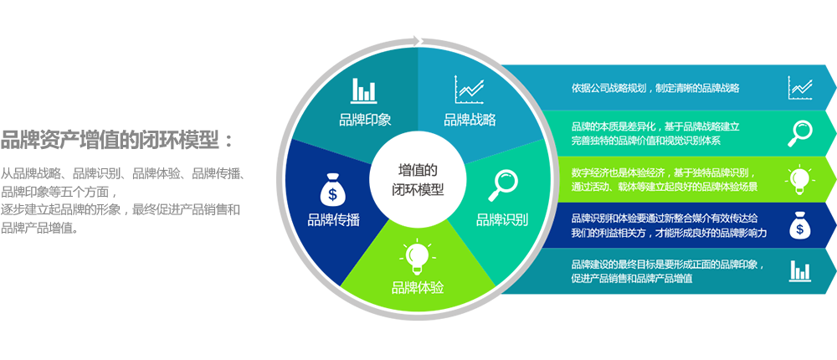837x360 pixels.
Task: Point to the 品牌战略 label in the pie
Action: click(470, 119)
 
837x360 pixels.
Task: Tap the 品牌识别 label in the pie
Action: click(502, 220)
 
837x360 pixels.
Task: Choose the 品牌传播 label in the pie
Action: click(333, 220)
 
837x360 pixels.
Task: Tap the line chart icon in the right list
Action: click(800, 87)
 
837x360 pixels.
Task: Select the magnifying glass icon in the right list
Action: click(800, 131)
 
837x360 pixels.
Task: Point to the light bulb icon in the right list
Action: click(800, 178)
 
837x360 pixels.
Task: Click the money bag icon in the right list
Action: click(800, 224)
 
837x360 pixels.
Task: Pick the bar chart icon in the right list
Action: click(800, 270)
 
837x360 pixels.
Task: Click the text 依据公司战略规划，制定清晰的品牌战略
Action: click(655, 88)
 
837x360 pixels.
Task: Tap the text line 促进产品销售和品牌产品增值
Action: click(631, 279)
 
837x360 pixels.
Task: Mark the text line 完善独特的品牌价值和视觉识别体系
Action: click(650, 141)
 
